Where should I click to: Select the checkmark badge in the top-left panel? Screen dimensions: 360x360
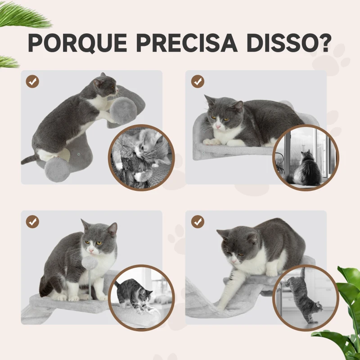pyautogui.click(x=32, y=81)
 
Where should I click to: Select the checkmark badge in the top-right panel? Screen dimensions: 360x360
pyautogui.click(x=198, y=81)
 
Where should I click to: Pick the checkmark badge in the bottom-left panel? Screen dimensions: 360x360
pyautogui.click(x=32, y=222)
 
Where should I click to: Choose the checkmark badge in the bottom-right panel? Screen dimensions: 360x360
pyautogui.click(x=198, y=222)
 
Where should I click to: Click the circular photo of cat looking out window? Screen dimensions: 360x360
pyautogui.click(x=306, y=158)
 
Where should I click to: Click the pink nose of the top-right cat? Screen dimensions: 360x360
pyautogui.click(x=218, y=126)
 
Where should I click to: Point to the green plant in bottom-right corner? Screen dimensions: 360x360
pyautogui.click(x=344, y=315)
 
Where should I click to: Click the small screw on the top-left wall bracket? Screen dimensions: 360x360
pyautogui.click(x=79, y=153)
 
